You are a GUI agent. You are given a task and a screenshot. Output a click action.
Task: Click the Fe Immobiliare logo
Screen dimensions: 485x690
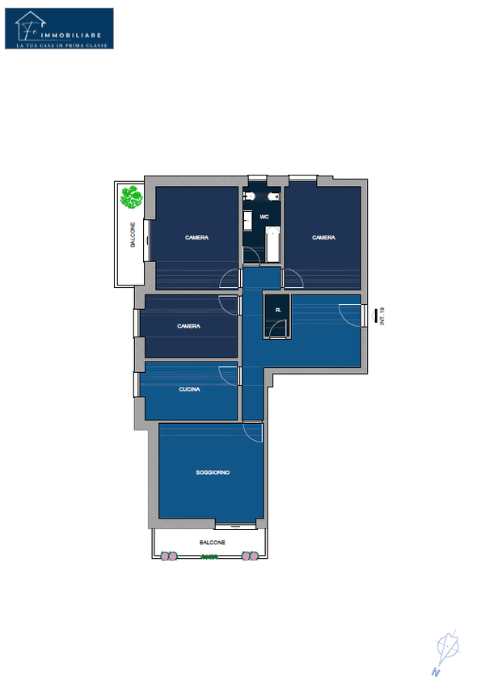point(59,28)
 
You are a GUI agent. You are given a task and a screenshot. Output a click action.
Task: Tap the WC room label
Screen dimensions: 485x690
point(264,217)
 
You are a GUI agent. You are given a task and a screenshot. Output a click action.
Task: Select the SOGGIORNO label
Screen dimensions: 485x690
point(213,472)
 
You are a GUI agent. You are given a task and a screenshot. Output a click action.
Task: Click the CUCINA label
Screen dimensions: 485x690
point(189,389)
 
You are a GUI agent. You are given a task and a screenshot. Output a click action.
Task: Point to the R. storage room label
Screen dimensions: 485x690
point(278,311)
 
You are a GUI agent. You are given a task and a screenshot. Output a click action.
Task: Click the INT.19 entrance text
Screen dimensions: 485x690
point(382,316)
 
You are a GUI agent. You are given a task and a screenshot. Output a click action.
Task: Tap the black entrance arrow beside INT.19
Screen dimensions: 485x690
point(374,316)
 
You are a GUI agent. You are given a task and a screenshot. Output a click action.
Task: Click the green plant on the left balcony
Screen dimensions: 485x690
point(132,197)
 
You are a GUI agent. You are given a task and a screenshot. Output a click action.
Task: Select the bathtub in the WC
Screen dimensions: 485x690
point(272,244)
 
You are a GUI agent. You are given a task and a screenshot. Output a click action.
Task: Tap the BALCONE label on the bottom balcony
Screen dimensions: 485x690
point(213,543)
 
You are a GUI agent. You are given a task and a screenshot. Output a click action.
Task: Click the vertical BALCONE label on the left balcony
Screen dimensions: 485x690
point(133,235)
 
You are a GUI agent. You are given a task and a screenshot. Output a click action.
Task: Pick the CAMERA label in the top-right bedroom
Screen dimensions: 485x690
point(323,238)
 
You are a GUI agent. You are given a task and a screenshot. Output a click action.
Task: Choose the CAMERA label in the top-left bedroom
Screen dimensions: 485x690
point(196,238)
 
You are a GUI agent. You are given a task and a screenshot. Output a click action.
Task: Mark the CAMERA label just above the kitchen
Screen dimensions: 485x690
point(188,327)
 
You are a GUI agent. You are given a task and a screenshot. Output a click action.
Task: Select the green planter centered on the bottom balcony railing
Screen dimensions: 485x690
point(209,557)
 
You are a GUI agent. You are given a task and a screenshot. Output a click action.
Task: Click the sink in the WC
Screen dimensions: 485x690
point(248,220)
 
